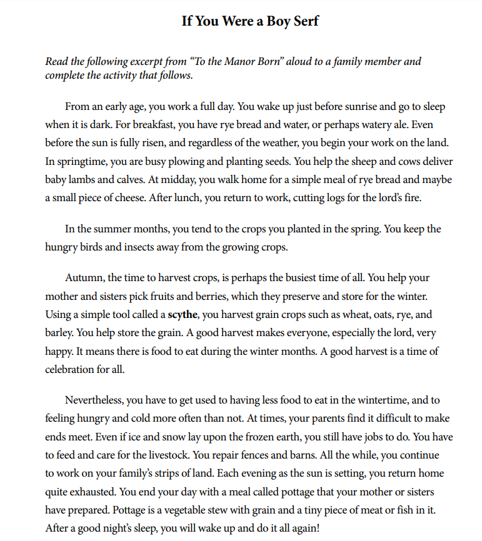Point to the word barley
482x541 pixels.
pos(59,333)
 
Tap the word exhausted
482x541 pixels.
pos(97,491)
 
